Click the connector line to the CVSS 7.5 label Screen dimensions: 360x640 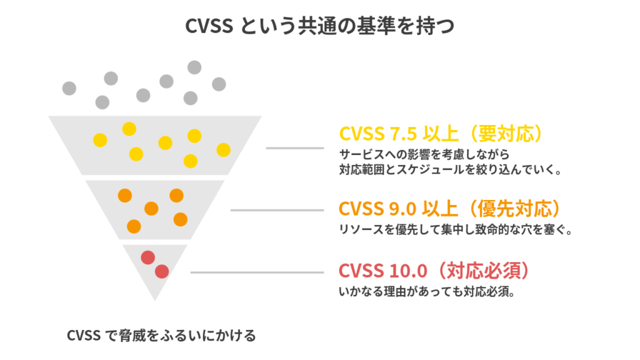[x=295, y=148]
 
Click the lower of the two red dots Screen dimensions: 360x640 [x=162, y=271]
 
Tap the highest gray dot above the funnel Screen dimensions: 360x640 [x=194, y=67]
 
